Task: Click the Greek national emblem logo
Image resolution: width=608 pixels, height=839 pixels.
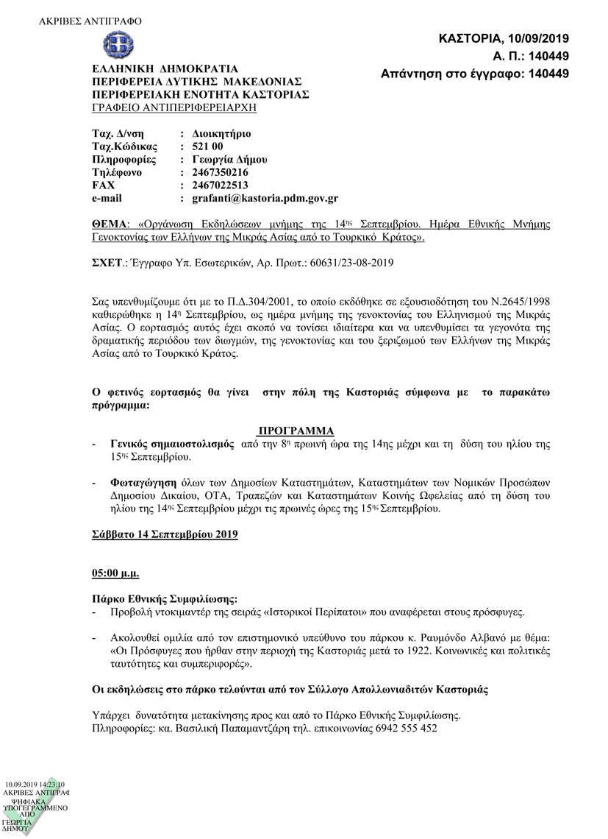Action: point(113,45)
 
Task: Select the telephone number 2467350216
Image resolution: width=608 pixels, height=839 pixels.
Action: point(219,171)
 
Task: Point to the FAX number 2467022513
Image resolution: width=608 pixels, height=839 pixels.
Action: point(219,185)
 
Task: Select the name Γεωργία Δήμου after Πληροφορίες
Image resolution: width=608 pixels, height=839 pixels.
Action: point(229,159)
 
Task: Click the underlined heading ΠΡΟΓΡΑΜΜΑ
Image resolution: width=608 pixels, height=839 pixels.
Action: point(296,431)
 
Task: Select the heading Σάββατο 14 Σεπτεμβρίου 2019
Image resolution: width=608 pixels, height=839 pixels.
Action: point(165,534)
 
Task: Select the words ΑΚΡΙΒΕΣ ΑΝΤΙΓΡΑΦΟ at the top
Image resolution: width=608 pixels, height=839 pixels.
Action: point(90,21)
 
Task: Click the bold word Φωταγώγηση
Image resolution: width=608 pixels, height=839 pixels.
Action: point(143,483)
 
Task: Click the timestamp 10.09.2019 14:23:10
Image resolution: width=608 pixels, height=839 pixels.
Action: point(35,785)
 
